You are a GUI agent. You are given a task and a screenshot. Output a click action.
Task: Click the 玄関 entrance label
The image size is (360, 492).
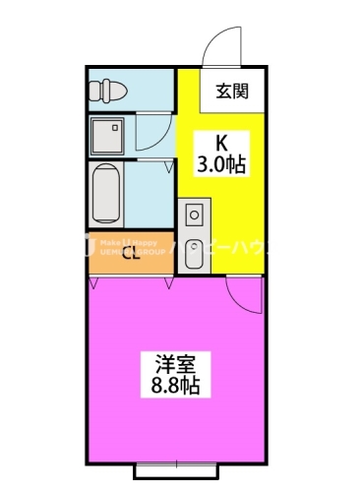click(231, 92)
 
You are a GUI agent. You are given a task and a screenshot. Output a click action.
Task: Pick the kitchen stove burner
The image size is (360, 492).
click(194, 212)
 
